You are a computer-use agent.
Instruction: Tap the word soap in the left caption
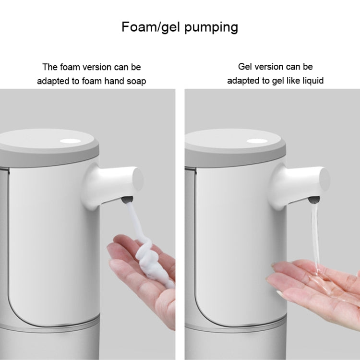(136, 82)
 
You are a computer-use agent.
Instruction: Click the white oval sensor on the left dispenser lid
(70, 141)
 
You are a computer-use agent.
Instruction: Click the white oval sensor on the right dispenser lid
(257, 141)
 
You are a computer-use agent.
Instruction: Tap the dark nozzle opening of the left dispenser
(127, 199)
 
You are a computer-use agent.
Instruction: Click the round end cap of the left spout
(138, 179)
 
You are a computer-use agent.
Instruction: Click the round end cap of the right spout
(325, 179)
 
